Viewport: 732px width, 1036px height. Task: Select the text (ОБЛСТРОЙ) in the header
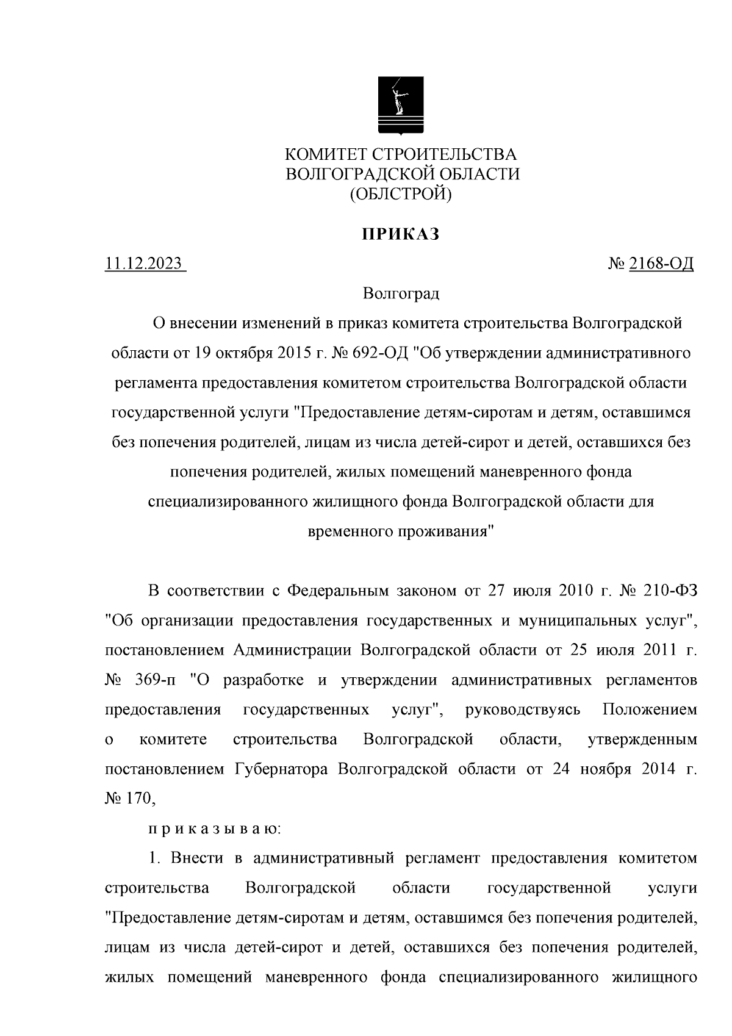(400, 194)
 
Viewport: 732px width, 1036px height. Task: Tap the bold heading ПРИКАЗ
(401, 234)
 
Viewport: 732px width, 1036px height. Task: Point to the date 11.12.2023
(144, 264)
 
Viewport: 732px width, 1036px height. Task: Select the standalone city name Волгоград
(401, 293)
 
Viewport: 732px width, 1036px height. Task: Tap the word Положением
(649, 710)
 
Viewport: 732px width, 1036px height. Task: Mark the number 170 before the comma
(134, 799)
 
